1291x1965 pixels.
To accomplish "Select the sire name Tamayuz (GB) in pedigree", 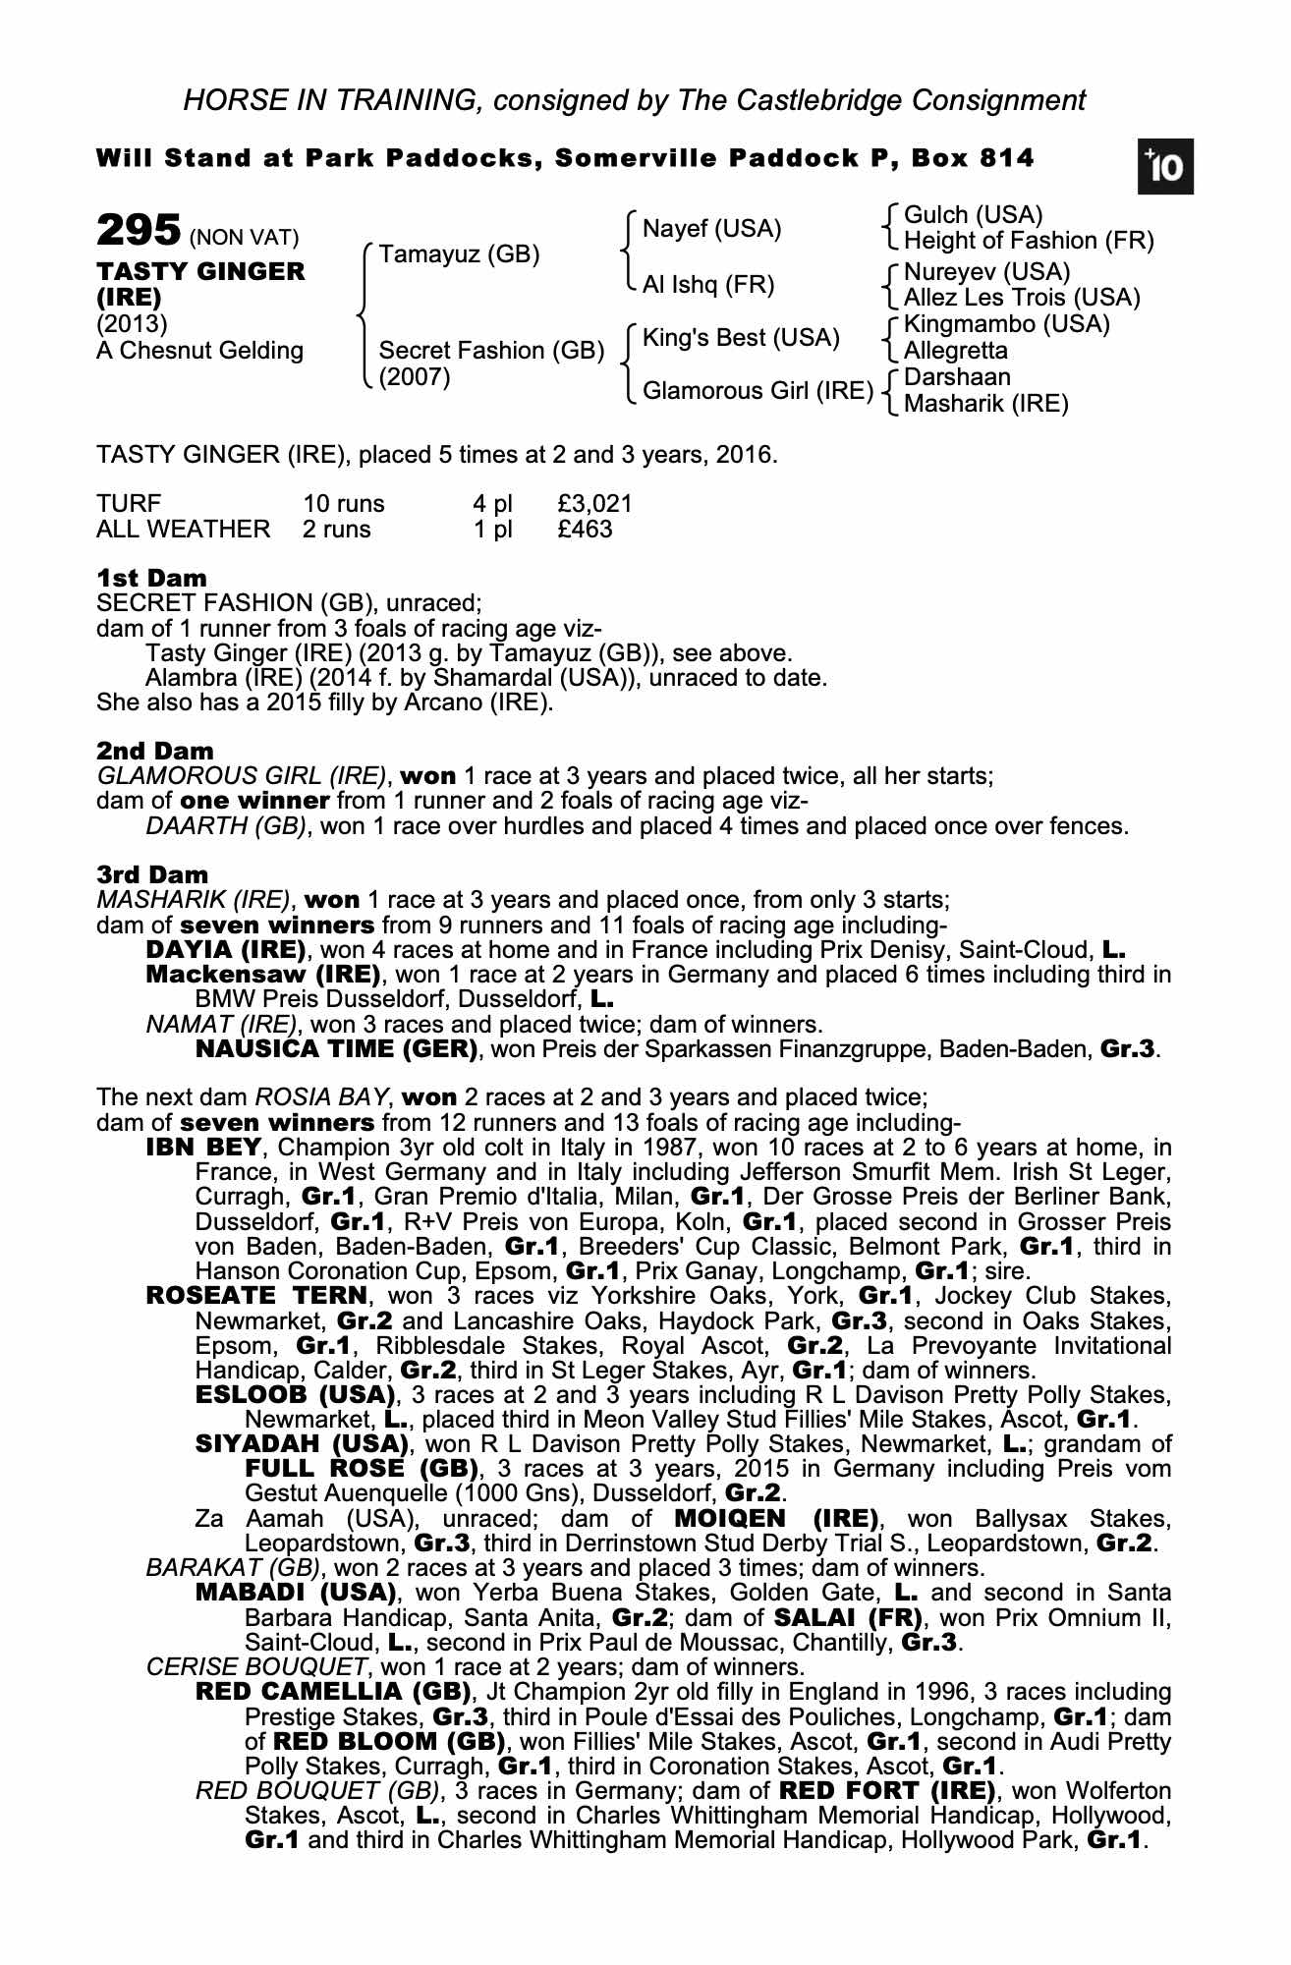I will pyautogui.click(x=459, y=254).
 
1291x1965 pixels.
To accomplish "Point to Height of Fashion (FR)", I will pyautogui.click(x=1029, y=241).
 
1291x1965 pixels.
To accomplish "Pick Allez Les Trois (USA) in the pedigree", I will pyautogui.click(x=1022, y=297).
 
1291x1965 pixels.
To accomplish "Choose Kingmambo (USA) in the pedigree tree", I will pyautogui.click(x=1006, y=324).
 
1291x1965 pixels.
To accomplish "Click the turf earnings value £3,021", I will pyautogui.click(x=593, y=504).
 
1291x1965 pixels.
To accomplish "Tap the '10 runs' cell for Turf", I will pyautogui.click(x=344, y=504).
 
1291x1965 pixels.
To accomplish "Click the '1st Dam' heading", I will pyautogui.click(x=151, y=578).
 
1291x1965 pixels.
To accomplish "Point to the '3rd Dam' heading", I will pyautogui.click(x=152, y=874).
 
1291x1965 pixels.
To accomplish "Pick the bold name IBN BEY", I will pyautogui.click(x=203, y=1148).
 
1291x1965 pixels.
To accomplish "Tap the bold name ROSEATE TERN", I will pyautogui.click(x=256, y=1296).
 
